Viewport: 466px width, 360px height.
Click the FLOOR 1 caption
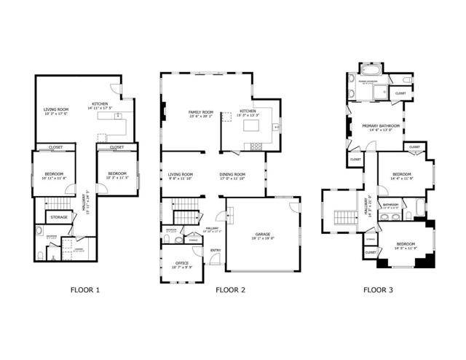pyautogui.click(x=84, y=289)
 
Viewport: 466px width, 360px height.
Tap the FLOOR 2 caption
pyautogui.click(x=230, y=289)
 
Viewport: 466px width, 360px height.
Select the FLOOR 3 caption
pyautogui.click(x=378, y=289)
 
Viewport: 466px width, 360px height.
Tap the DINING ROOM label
pyautogui.click(x=232, y=175)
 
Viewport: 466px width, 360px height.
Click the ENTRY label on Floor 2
pyautogui.click(x=216, y=251)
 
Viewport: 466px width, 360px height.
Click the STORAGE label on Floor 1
pyautogui.click(x=58, y=216)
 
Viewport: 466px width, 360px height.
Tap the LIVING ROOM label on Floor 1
pyautogui.click(x=55, y=111)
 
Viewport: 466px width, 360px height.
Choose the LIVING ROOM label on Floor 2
pyautogui.click(x=181, y=175)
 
